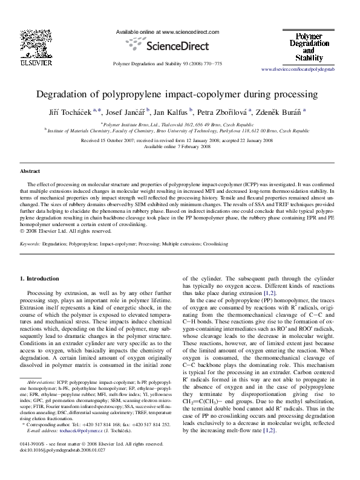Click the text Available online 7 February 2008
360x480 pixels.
coord(179,146)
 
